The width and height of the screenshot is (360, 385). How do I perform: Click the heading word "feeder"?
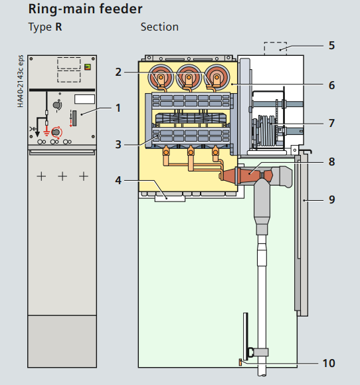click(x=121, y=9)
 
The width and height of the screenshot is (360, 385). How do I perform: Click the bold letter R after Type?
click(x=58, y=27)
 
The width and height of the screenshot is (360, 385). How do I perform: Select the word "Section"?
click(x=159, y=27)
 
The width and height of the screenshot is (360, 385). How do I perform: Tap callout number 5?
click(x=331, y=45)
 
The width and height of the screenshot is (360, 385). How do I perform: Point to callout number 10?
click(x=329, y=363)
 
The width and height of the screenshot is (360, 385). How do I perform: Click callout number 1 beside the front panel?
click(x=118, y=108)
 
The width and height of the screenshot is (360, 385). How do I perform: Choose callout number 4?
click(x=118, y=180)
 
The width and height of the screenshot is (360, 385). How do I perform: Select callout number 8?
click(x=331, y=162)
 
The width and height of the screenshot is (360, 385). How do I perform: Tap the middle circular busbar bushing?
click(x=189, y=77)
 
